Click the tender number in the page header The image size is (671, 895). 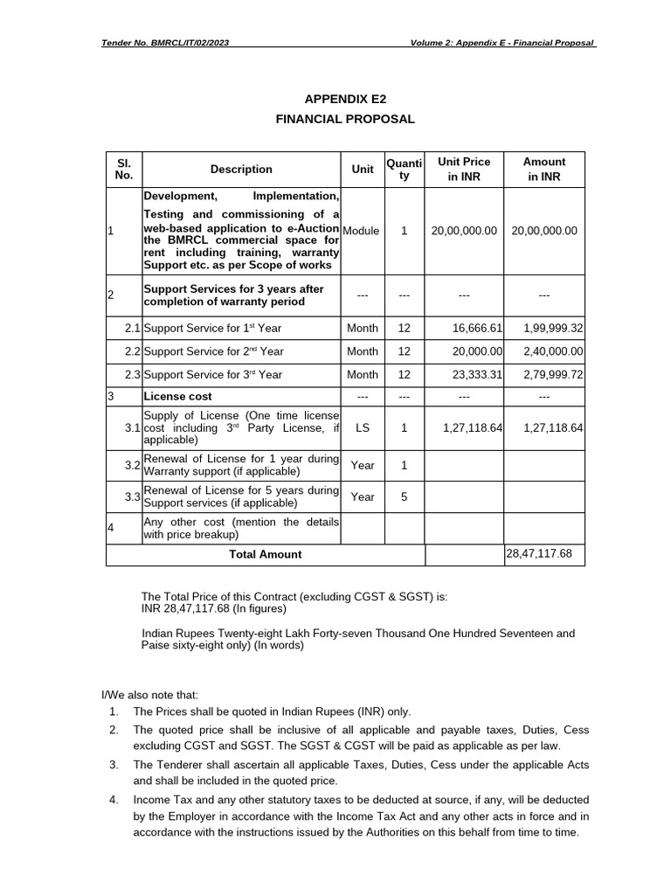[166, 43]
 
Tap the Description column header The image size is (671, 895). [241, 170]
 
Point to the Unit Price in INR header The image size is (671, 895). [464, 170]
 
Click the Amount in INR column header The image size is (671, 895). [543, 170]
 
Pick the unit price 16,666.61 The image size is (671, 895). [477, 328]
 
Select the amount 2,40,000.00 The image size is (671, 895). [553, 351]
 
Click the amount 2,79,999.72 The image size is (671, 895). [553, 374]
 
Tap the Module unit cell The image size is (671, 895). [362, 231]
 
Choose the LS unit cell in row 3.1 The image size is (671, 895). [362, 429]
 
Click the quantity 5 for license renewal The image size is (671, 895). [404, 496]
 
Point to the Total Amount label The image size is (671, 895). [265, 554]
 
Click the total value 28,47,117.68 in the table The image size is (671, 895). [538, 554]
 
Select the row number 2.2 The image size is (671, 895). [132, 351]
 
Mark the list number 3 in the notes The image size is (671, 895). [114, 765]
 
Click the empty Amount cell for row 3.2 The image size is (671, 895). [543, 465]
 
